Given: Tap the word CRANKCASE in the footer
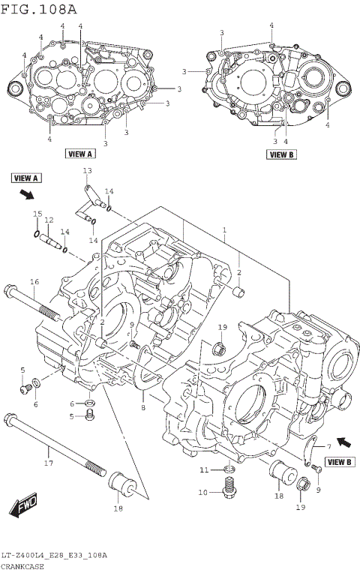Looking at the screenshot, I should coord(22,566).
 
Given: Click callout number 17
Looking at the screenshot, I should coord(49,463).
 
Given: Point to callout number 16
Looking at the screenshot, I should coord(34,281).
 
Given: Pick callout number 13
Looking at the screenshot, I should coord(87,172).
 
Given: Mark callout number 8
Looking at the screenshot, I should coord(142,407).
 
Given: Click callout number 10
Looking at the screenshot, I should coord(202,493).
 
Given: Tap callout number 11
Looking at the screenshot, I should coord(202,469).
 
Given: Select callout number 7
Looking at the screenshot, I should coord(328,447).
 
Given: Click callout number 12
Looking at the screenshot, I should coord(49,220).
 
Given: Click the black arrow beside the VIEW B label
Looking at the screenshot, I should coord(342,441).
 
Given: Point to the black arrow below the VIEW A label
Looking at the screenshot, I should coord(28,195).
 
